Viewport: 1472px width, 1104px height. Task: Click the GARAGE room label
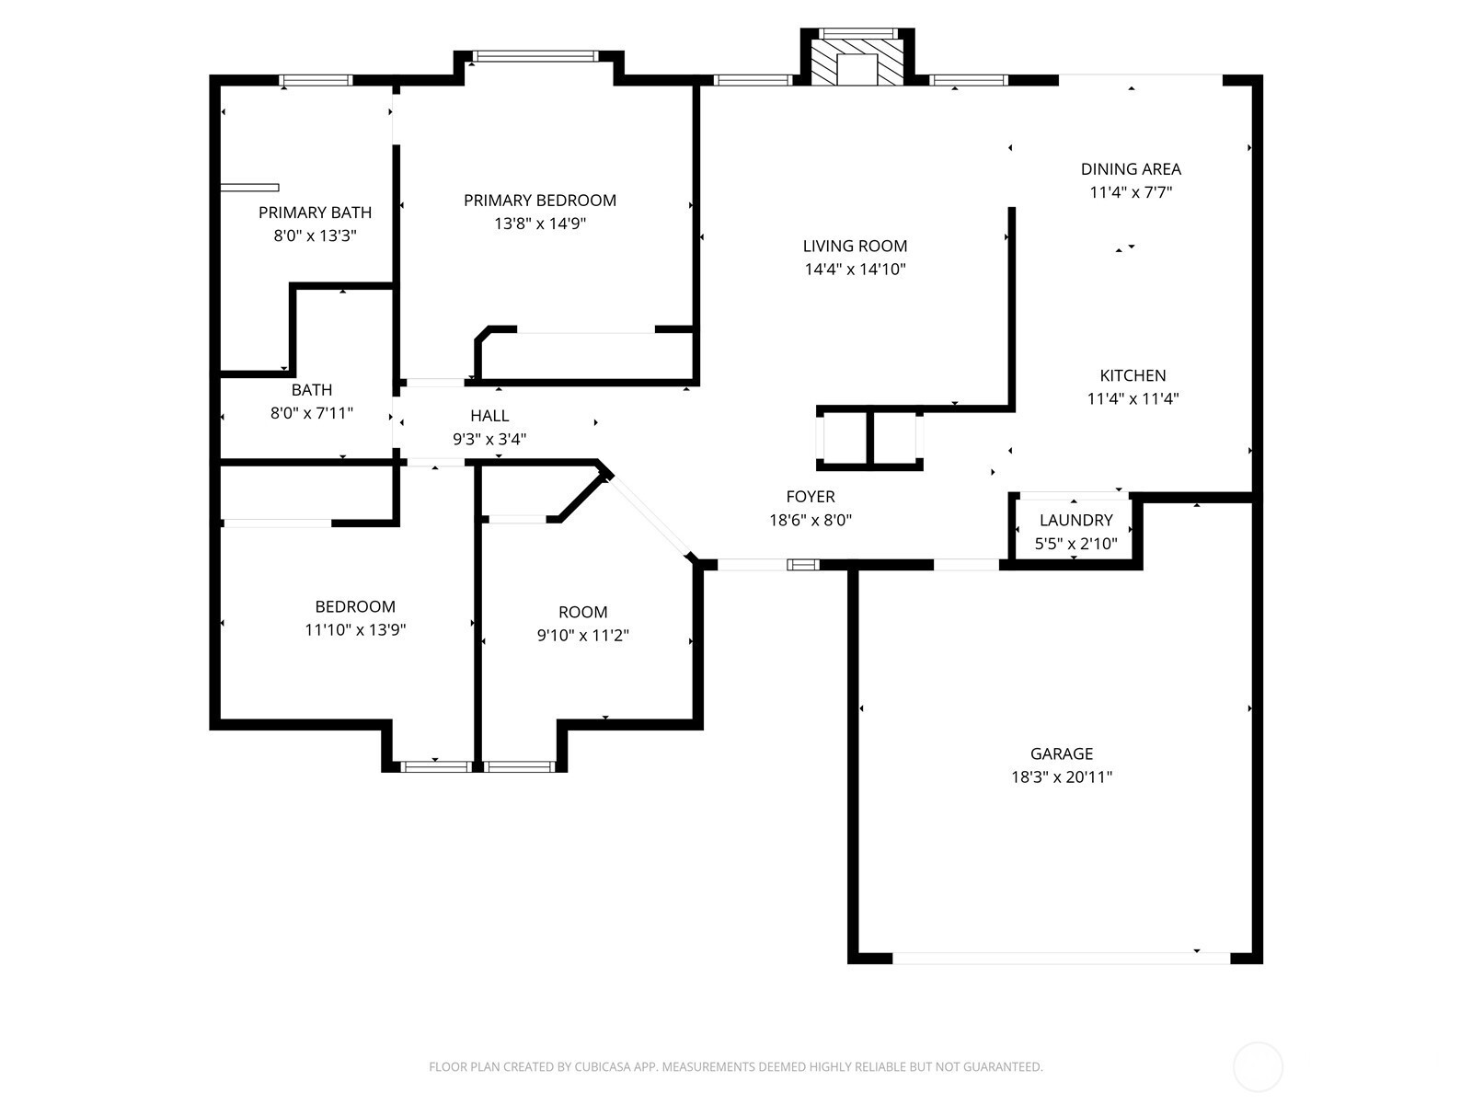pyautogui.click(x=1062, y=753)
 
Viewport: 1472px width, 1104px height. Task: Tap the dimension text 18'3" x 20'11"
pyautogui.click(x=1062, y=776)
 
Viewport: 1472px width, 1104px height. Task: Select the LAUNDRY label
pyautogui.click(x=1075, y=520)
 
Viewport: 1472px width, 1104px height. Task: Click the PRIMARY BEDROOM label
pyautogui.click(x=540, y=200)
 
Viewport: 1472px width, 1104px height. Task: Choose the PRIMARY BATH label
pyautogui.click(x=316, y=212)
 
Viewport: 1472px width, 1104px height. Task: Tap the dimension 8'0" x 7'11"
pyautogui.click(x=312, y=413)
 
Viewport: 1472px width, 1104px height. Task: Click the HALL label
pyautogui.click(x=489, y=416)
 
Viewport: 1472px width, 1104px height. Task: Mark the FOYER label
pyautogui.click(x=811, y=496)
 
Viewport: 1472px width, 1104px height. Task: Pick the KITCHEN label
pyautogui.click(x=1133, y=374)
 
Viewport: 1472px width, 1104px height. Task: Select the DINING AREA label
pyautogui.click(x=1131, y=168)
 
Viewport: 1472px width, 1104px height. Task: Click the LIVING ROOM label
pyautogui.click(x=855, y=246)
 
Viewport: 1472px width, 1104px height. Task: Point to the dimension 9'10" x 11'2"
pyautogui.click(x=582, y=635)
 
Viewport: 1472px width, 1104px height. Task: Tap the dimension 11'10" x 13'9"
pyautogui.click(x=355, y=629)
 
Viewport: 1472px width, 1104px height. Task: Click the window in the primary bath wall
pyautogui.click(x=316, y=80)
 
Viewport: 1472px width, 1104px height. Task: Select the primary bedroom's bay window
pyautogui.click(x=535, y=56)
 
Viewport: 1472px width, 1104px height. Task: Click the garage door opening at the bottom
pyautogui.click(x=1061, y=958)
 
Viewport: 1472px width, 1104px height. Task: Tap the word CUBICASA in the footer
pyautogui.click(x=603, y=1066)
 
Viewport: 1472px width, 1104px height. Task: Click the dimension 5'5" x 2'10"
pyautogui.click(x=1075, y=543)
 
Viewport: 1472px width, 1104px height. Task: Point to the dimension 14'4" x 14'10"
pyautogui.click(x=855, y=269)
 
